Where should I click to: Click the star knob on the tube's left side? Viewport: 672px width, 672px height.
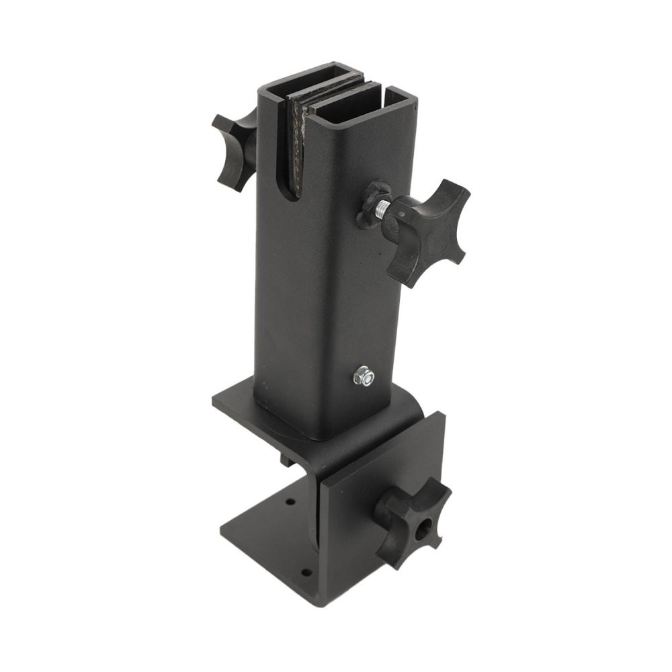(232, 149)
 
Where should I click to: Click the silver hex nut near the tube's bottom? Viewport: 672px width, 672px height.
(365, 377)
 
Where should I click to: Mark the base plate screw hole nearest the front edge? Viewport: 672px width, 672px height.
(306, 573)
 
